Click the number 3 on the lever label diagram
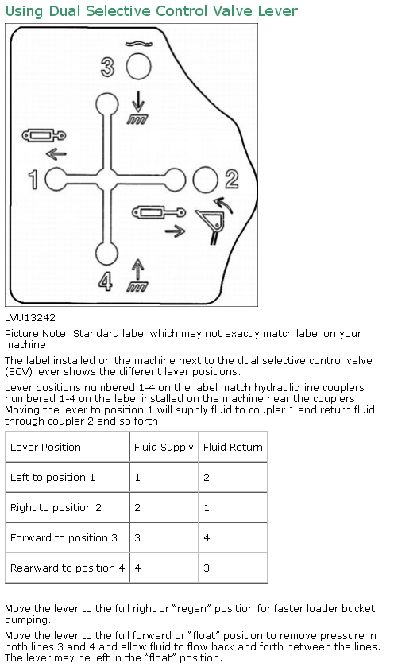(x=107, y=68)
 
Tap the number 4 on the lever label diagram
(x=106, y=281)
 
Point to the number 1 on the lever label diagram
(x=33, y=180)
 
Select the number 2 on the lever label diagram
(x=232, y=179)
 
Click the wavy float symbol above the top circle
(x=138, y=44)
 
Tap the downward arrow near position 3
(x=137, y=102)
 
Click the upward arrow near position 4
(x=137, y=270)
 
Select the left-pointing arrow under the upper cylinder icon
(x=56, y=153)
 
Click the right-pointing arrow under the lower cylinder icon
(x=175, y=231)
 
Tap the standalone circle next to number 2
(x=205, y=180)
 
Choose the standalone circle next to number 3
(x=138, y=66)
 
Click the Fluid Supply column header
(x=164, y=447)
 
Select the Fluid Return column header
(x=233, y=447)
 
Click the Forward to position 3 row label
(x=64, y=537)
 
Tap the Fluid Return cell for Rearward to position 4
(x=207, y=568)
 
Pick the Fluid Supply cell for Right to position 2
(x=137, y=507)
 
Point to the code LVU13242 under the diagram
(x=30, y=318)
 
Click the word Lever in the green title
(x=278, y=10)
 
